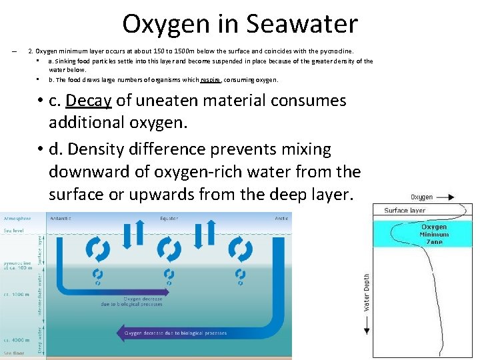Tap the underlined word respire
point(211,80)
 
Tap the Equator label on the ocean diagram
point(169,218)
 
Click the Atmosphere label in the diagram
point(17,218)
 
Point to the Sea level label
point(13,231)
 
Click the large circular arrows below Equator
point(169,249)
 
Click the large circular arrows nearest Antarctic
point(97,249)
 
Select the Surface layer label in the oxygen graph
point(405,211)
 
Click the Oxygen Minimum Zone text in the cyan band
point(433,235)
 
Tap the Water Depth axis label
point(366,292)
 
